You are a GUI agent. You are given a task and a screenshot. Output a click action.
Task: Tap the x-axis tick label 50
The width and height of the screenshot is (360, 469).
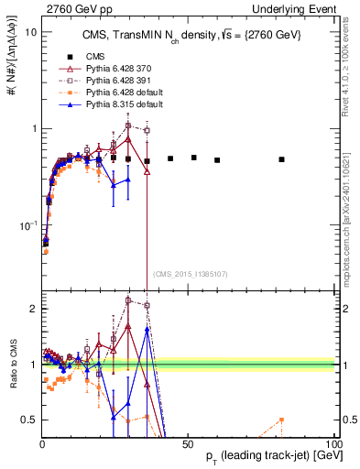click(x=188, y=443)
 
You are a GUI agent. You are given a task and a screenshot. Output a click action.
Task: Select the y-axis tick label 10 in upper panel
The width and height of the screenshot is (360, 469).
click(x=29, y=32)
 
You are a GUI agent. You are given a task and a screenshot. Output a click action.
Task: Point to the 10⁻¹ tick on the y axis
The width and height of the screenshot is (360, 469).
click(x=27, y=224)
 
